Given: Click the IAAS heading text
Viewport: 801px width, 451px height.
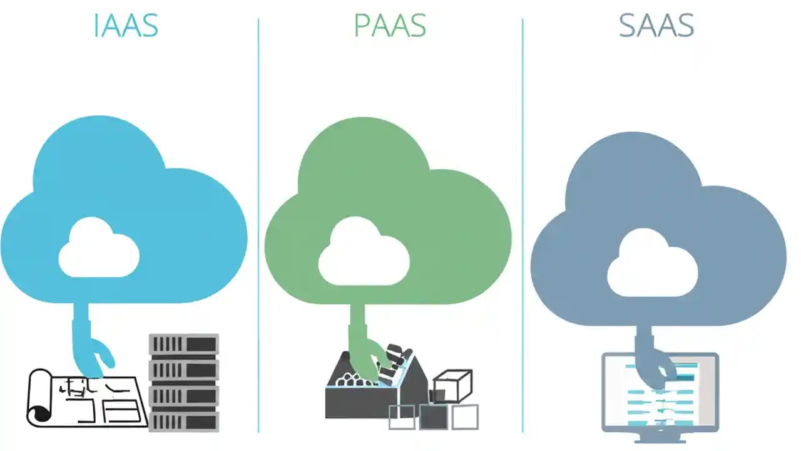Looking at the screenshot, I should tap(126, 26).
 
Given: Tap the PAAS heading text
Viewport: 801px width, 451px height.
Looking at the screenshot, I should tap(390, 26).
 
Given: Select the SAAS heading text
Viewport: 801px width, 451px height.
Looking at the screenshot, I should tap(656, 26).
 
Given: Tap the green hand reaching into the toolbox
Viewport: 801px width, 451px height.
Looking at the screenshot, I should tap(369, 357).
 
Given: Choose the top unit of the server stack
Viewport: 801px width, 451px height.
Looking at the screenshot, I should tap(183, 344).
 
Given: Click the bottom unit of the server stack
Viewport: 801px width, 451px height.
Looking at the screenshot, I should tap(183, 420).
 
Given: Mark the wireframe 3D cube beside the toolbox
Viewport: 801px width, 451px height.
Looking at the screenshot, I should tap(452, 386).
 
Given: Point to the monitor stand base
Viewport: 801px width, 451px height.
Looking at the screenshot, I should tap(660, 428).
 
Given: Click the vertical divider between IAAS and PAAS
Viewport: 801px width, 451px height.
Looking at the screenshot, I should tap(258, 225).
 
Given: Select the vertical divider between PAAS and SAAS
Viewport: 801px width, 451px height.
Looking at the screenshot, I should tap(523, 225).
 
